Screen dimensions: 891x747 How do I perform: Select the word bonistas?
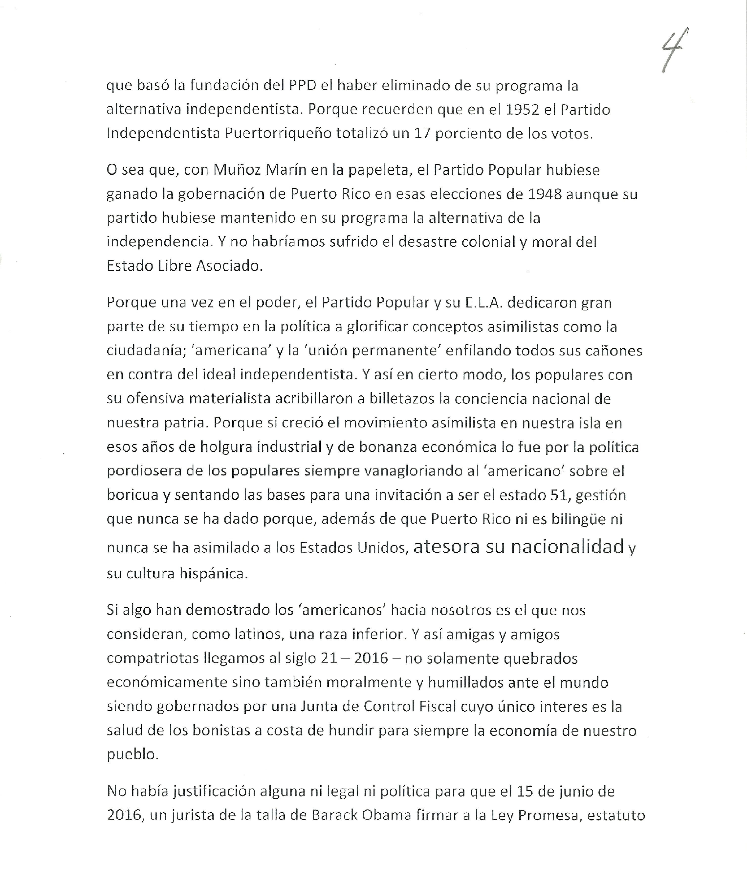221,731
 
